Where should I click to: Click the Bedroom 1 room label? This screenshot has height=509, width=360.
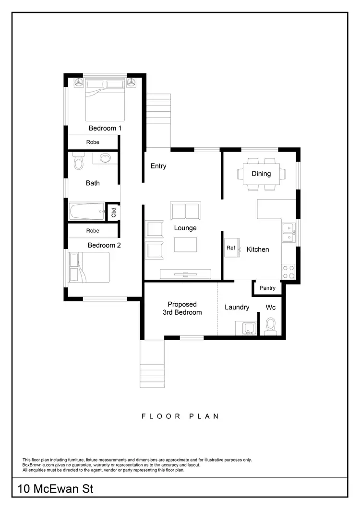point(105,128)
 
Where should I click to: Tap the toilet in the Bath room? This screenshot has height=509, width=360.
point(79,162)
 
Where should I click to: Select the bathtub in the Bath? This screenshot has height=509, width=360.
point(87,211)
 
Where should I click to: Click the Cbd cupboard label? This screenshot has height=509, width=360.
point(114,212)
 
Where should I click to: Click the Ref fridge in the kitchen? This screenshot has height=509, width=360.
point(231,248)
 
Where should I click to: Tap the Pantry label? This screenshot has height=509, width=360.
point(267,288)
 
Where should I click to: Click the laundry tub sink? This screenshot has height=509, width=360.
point(249,329)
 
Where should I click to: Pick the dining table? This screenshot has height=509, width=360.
point(261,174)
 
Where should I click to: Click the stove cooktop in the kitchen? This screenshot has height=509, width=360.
point(288,272)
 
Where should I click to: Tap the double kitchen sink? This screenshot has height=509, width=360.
point(288,233)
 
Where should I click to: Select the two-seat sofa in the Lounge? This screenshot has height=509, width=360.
point(185,211)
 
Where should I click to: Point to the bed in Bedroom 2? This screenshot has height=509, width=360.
point(90,267)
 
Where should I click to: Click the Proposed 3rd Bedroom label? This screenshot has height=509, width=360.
point(182,308)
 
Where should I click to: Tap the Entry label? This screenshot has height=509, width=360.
point(158,166)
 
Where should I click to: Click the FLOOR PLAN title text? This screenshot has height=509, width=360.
point(180,416)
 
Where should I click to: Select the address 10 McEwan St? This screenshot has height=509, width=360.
point(56,489)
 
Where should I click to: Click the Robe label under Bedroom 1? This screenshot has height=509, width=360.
point(93,142)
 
